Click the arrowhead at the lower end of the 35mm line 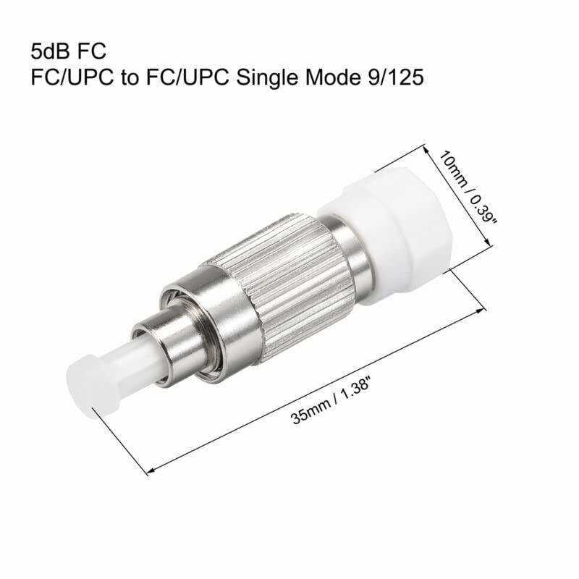[x=150, y=473]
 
